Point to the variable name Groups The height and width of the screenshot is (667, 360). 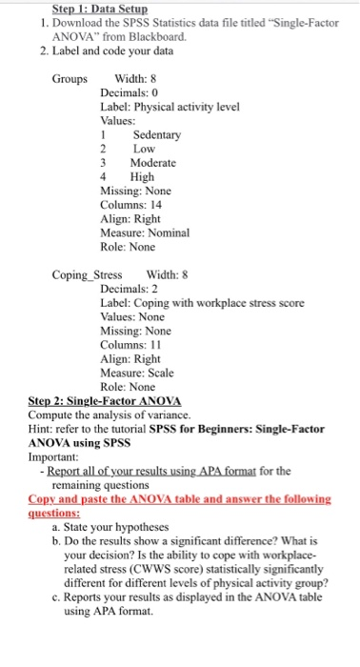tap(70, 79)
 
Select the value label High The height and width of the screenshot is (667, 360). tap(142, 177)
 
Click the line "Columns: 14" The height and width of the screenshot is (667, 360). tap(131, 205)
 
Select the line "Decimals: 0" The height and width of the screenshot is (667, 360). tap(131, 93)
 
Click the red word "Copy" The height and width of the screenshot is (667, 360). tap(45, 497)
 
